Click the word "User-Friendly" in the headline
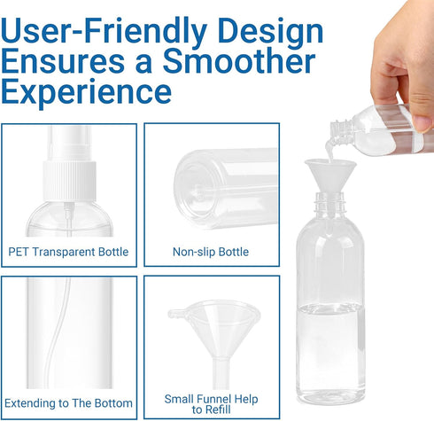(x=104, y=31)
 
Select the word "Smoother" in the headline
(x=239, y=61)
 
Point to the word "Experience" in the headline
(x=86, y=93)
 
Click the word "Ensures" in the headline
(x=63, y=63)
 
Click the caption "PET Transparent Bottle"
(x=68, y=252)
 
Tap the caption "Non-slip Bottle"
(x=211, y=252)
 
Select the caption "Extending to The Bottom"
(x=68, y=403)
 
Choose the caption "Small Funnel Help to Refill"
(x=211, y=404)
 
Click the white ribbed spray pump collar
(x=69, y=181)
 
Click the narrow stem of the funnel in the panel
(x=221, y=373)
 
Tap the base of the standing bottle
(x=330, y=396)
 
